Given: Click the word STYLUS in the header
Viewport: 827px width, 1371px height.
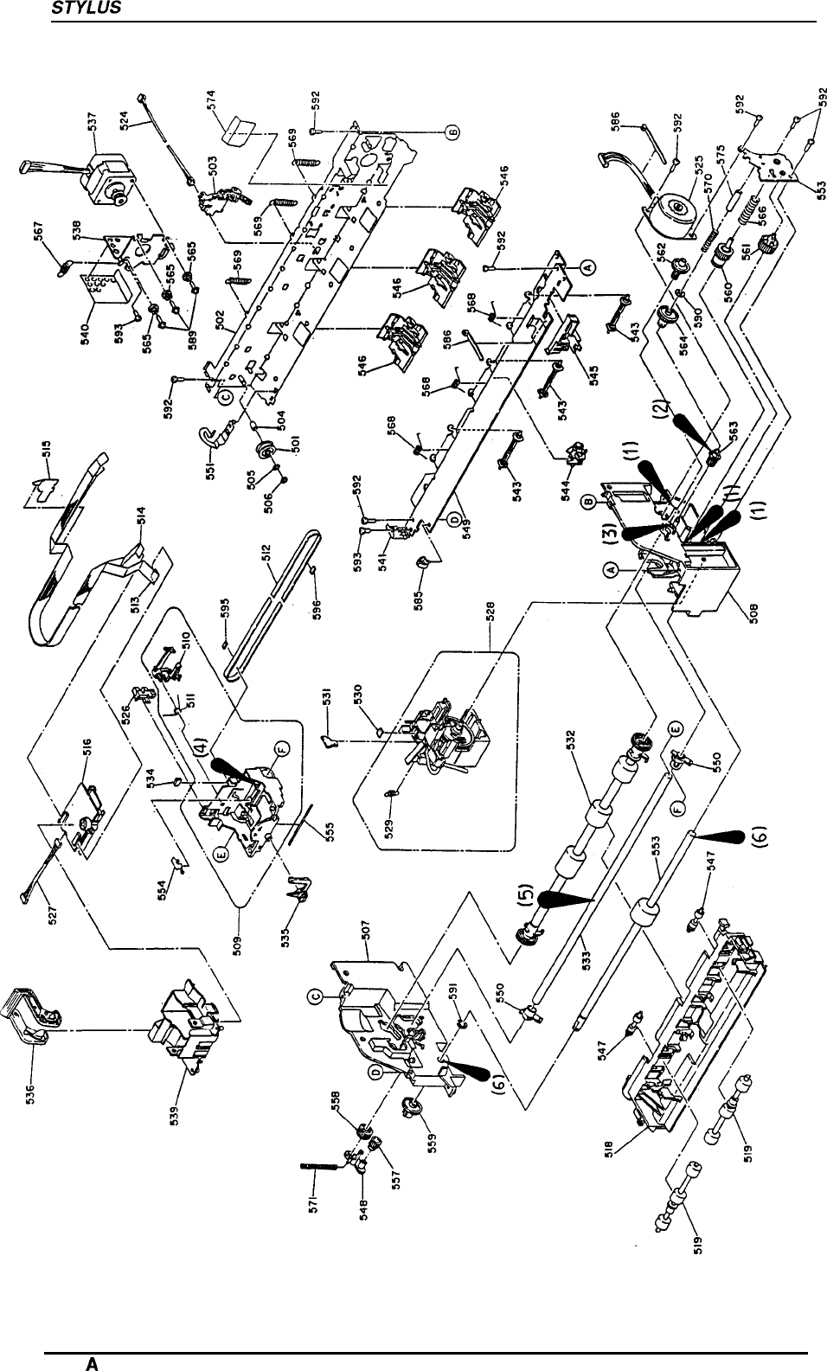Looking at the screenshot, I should (75, 10).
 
